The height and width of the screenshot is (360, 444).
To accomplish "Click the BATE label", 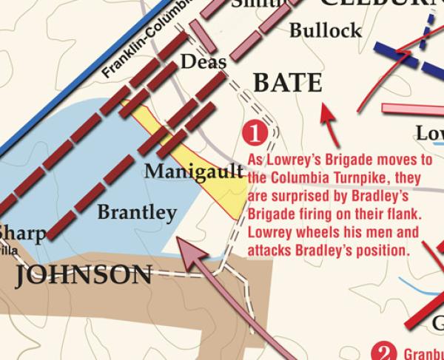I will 288,83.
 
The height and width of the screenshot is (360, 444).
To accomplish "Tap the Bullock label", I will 326,31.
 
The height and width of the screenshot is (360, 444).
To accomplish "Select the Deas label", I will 203,61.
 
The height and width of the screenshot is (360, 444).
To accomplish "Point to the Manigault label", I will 194,172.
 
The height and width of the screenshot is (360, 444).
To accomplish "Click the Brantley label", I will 138,212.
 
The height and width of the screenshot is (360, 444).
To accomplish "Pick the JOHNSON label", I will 84,276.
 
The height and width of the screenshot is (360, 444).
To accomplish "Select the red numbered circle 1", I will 255,134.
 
